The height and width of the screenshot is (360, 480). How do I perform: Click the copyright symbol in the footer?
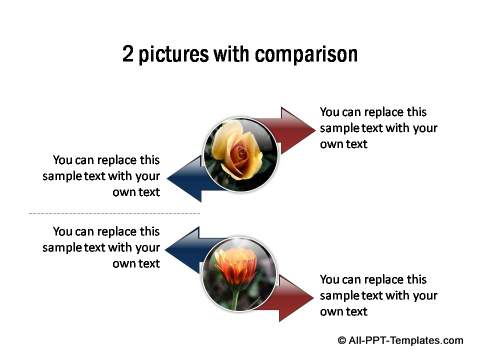[x=343, y=340]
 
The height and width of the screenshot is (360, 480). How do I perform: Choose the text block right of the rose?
[x=377, y=128]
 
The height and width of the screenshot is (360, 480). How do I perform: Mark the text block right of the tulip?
[x=377, y=296]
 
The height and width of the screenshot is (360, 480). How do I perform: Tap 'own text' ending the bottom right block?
[x=344, y=312]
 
